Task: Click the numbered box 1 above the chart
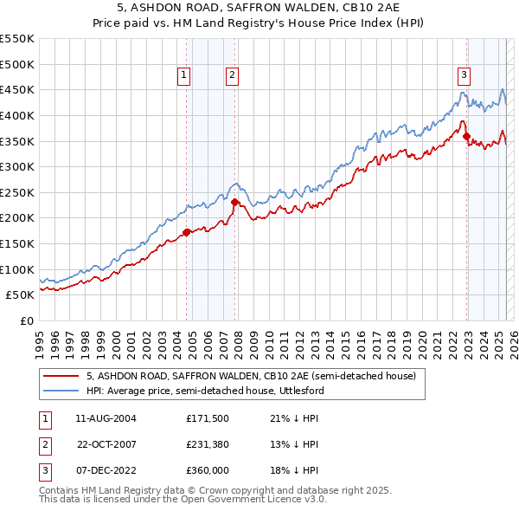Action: [x=185, y=75]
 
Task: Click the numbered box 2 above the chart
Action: [x=233, y=75]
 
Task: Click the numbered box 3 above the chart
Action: [x=465, y=75]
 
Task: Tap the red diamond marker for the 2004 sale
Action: [x=186, y=232]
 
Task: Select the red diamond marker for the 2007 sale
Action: [x=234, y=202]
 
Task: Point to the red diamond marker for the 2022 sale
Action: [x=466, y=136]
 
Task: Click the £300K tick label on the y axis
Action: [x=17, y=166]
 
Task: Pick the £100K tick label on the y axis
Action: [x=17, y=269]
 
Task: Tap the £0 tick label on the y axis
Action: [x=26, y=320]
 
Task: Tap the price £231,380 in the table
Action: [x=207, y=444]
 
